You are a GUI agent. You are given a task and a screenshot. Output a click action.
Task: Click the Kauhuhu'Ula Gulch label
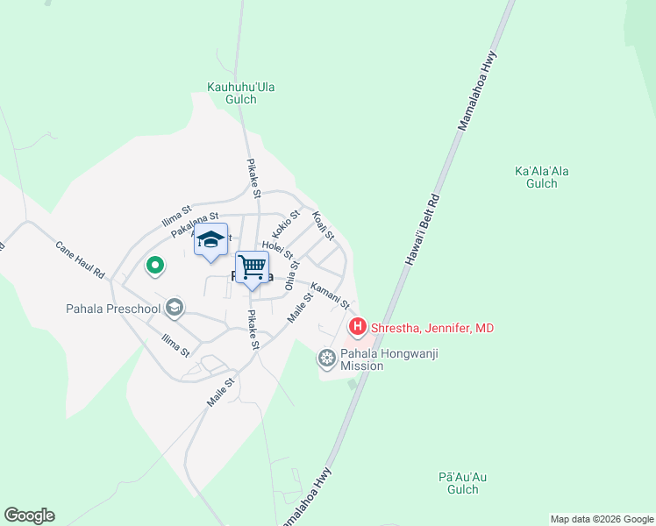coord(232,93)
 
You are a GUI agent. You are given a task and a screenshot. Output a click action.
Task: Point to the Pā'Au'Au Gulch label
coord(462,483)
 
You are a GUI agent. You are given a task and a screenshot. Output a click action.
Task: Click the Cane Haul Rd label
coord(80,259)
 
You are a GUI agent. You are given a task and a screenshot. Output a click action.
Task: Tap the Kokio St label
coord(286,224)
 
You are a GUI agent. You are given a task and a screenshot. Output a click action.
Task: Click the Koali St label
coord(324,225)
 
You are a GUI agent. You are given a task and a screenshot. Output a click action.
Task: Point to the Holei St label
coord(277,252)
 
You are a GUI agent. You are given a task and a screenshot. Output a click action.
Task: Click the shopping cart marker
coord(253,267)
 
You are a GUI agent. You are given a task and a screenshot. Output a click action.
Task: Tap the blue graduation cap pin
coord(210,239)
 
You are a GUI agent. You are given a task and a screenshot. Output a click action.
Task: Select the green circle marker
coord(154,264)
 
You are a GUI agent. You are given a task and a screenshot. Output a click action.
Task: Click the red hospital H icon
coord(358,328)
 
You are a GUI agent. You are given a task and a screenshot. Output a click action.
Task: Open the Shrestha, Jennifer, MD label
coord(432,329)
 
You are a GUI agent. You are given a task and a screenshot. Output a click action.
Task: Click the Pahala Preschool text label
coord(113,309)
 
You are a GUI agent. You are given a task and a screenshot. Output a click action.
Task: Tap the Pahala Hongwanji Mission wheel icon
coord(327,358)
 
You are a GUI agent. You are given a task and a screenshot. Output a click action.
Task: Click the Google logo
coord(29,515)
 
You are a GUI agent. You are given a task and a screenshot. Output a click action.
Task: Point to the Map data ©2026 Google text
coord(601,519)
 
